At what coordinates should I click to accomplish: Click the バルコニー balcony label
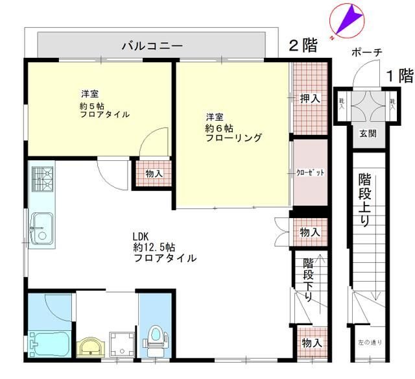[x=152, y=46]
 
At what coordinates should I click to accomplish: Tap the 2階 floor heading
[x=303, y=45]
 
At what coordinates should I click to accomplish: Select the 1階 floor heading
[x=399, y=75]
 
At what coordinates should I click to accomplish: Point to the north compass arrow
[x=348, y=19]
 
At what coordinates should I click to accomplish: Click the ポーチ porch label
[x=366, y=53]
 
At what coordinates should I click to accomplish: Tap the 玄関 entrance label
[x=368, y=134]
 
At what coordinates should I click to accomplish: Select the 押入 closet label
[x=310, y=99]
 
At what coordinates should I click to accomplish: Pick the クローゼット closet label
[x=310, y=173]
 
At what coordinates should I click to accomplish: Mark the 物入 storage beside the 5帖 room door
[x=154, y=174]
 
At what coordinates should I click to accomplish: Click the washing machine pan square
[x=122, y=343]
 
